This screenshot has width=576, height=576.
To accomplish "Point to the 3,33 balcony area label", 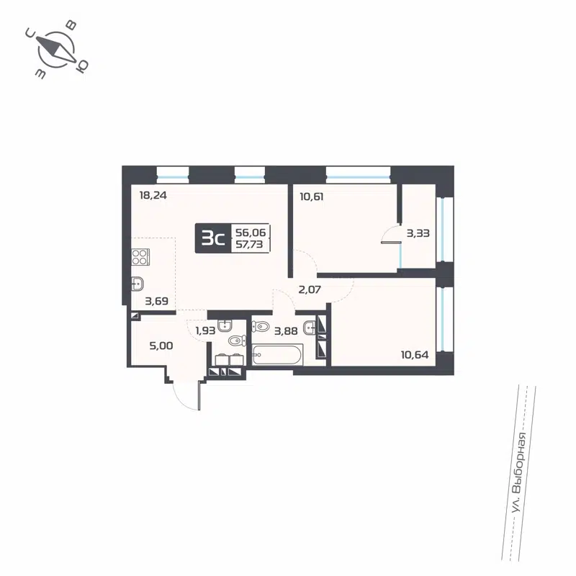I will click(418, 233).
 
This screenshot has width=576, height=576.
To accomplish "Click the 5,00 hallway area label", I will click(160, 346).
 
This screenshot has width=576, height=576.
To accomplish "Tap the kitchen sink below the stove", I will click(139, 284).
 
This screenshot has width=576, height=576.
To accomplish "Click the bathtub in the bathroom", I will click(277, 355).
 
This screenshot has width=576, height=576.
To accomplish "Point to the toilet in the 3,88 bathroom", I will click(259, 325).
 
